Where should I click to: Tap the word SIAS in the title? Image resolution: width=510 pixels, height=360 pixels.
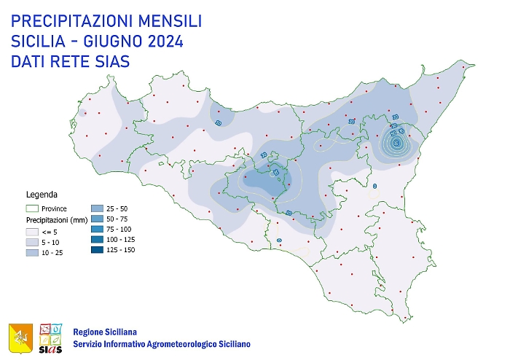(107, 62)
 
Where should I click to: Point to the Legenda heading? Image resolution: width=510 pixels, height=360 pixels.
(42, 195)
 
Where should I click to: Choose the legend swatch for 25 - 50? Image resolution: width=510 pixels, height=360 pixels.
(98, 208)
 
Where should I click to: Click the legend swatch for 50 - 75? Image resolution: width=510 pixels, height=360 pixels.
(98, 219)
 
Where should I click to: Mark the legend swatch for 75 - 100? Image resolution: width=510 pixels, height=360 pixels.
(98, 230)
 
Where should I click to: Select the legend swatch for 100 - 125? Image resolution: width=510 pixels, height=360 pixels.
(98, 240)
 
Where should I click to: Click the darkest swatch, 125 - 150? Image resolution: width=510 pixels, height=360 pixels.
(98, 250)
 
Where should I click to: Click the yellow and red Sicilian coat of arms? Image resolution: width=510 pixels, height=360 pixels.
(20, 337)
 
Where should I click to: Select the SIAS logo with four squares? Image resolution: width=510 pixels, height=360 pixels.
(50, 337)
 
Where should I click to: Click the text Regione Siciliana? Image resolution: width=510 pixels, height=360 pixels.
(105, 332)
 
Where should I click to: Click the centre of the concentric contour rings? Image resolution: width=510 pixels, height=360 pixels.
(396, 143)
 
